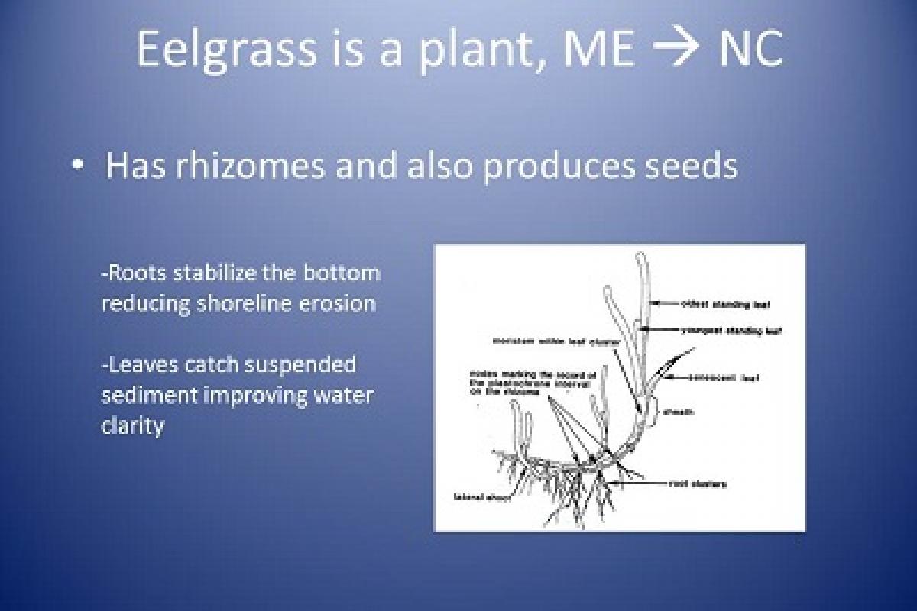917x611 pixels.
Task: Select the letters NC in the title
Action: [750, 48]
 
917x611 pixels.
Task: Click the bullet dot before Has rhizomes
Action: [79, 166]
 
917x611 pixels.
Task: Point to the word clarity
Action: [132, 425]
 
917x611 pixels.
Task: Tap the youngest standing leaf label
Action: [730, 331]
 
